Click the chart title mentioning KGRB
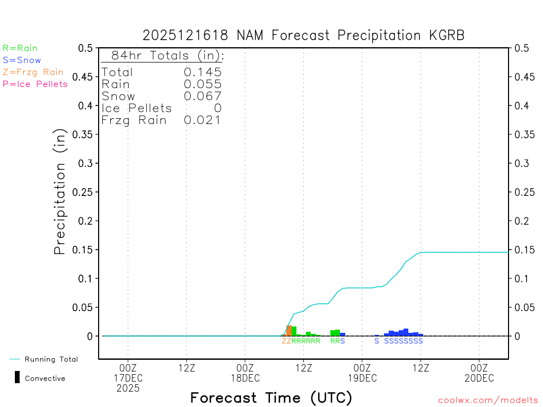click(x=303, y=36)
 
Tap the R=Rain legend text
click(x=20, y=48)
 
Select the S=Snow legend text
click(x=22, y=60)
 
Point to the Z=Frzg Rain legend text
click(x=33, y=72)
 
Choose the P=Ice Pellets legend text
click(x=35, y=84)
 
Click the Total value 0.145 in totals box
click(x=203, y=72)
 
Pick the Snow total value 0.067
click(x=203, y=96)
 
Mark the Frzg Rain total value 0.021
click(x=203, y=120)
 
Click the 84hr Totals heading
click(x=163, y=56)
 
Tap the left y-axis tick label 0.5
click(x=85, y=48)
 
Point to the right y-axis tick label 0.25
click(x=524, y=192)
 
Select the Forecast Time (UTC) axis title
click(x=271, y=397)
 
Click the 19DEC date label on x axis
click(x=362, y=378)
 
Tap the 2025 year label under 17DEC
click(x=128, y=388)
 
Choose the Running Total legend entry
click(x=51, y=359)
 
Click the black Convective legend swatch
click(x=17, y=377)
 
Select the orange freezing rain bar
click(x=289, y=331)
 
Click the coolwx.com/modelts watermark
click(x=488, y=401)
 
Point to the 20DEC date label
click(x=479, y=378)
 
